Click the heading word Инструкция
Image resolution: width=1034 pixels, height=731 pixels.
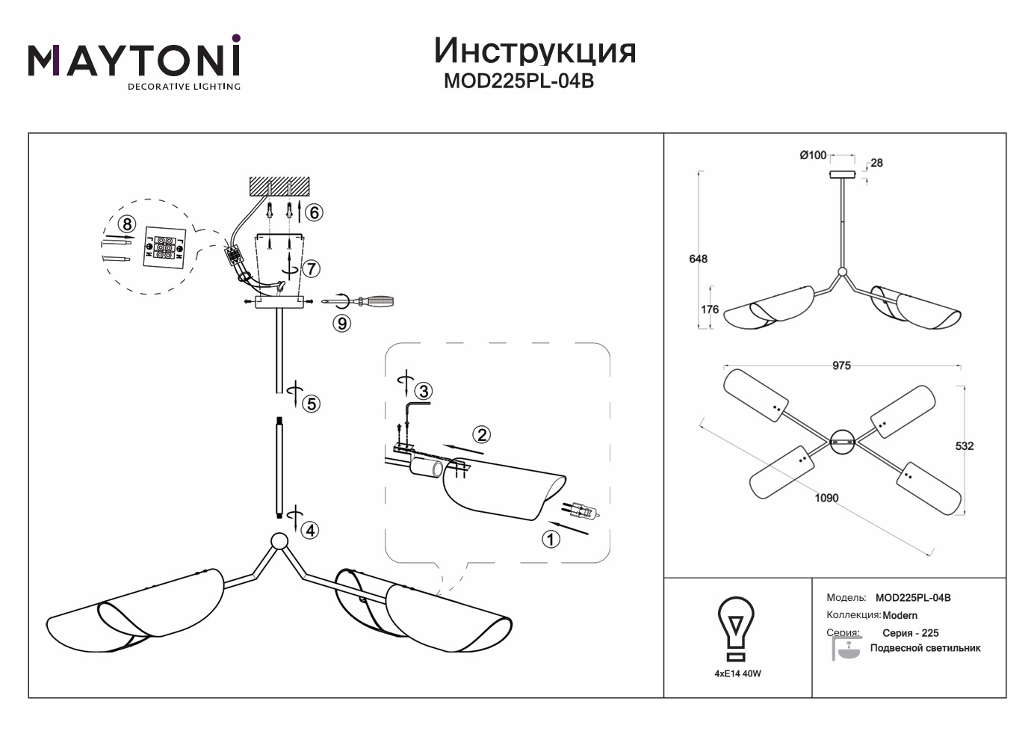534,50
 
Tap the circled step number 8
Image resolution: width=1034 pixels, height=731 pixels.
127,223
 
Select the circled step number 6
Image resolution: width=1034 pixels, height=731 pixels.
314,212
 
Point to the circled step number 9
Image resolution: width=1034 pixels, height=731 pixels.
342,323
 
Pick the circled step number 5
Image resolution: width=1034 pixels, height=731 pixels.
312,404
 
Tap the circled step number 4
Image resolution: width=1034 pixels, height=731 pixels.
310,530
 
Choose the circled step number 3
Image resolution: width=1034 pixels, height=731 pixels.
424,391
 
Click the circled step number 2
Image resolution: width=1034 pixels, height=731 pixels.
482,434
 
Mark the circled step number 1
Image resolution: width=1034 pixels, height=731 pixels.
551,538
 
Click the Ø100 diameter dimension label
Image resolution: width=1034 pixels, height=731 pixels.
813,155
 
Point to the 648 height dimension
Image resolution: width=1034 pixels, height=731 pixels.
698,259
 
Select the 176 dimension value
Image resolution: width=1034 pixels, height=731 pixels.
710,309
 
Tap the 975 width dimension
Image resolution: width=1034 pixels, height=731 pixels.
841,365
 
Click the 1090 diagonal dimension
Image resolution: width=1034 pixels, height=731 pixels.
826,498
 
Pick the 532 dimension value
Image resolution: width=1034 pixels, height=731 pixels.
965,445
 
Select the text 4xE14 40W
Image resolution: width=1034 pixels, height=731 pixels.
737,673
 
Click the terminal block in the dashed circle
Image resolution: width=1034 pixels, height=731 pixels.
164,246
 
